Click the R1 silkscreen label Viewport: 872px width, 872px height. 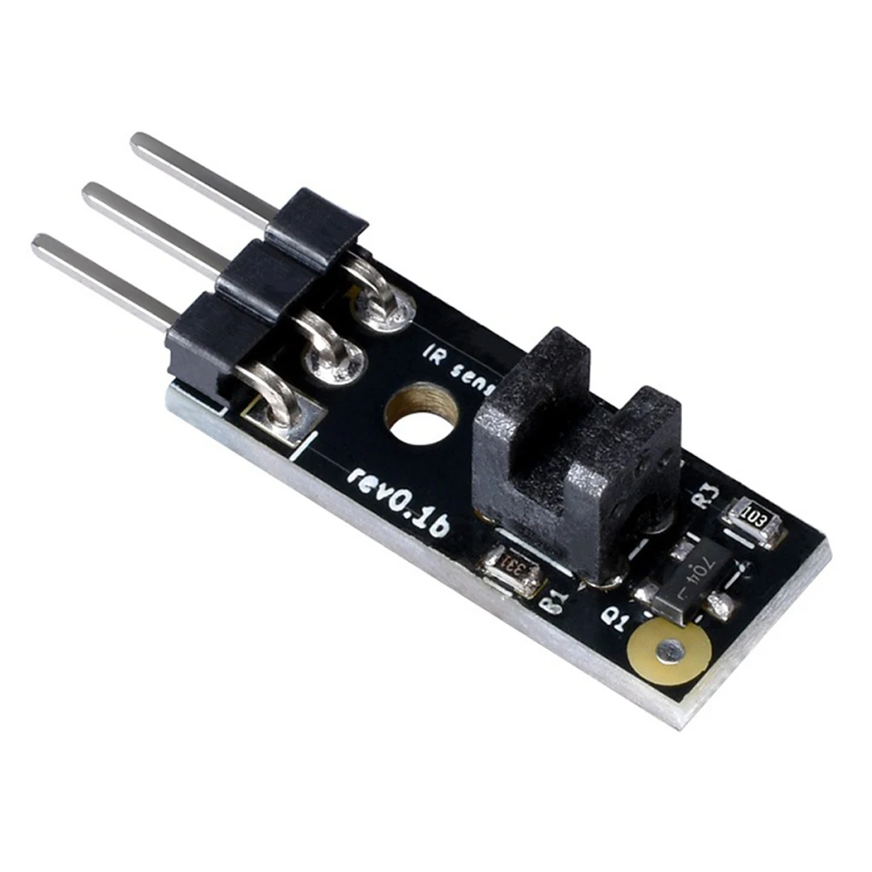coord(553,602)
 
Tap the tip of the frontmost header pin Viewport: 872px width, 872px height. coord(39,243)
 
